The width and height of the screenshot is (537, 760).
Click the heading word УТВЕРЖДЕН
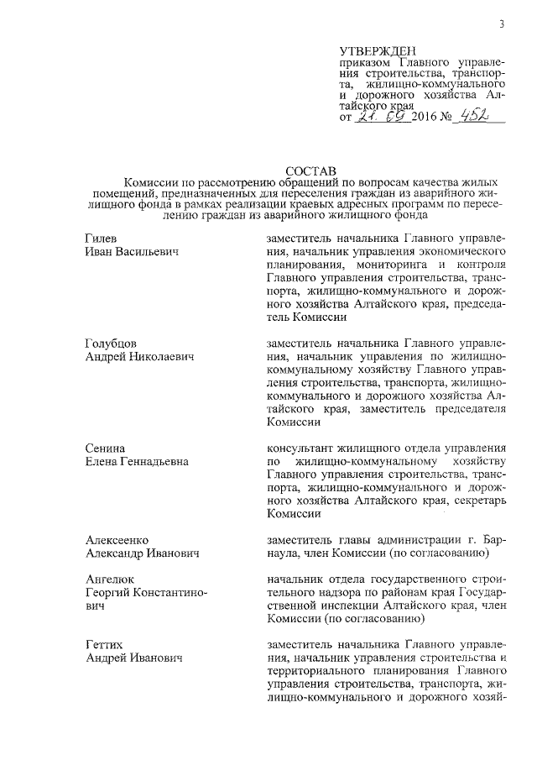tap(378, 51)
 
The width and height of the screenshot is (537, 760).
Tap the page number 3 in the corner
tap(500, 24)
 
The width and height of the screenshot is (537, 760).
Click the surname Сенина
tap(106, 448)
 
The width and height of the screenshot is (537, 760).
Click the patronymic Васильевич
tap(149, 252)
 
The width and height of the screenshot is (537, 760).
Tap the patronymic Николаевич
tap(159, 357)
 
